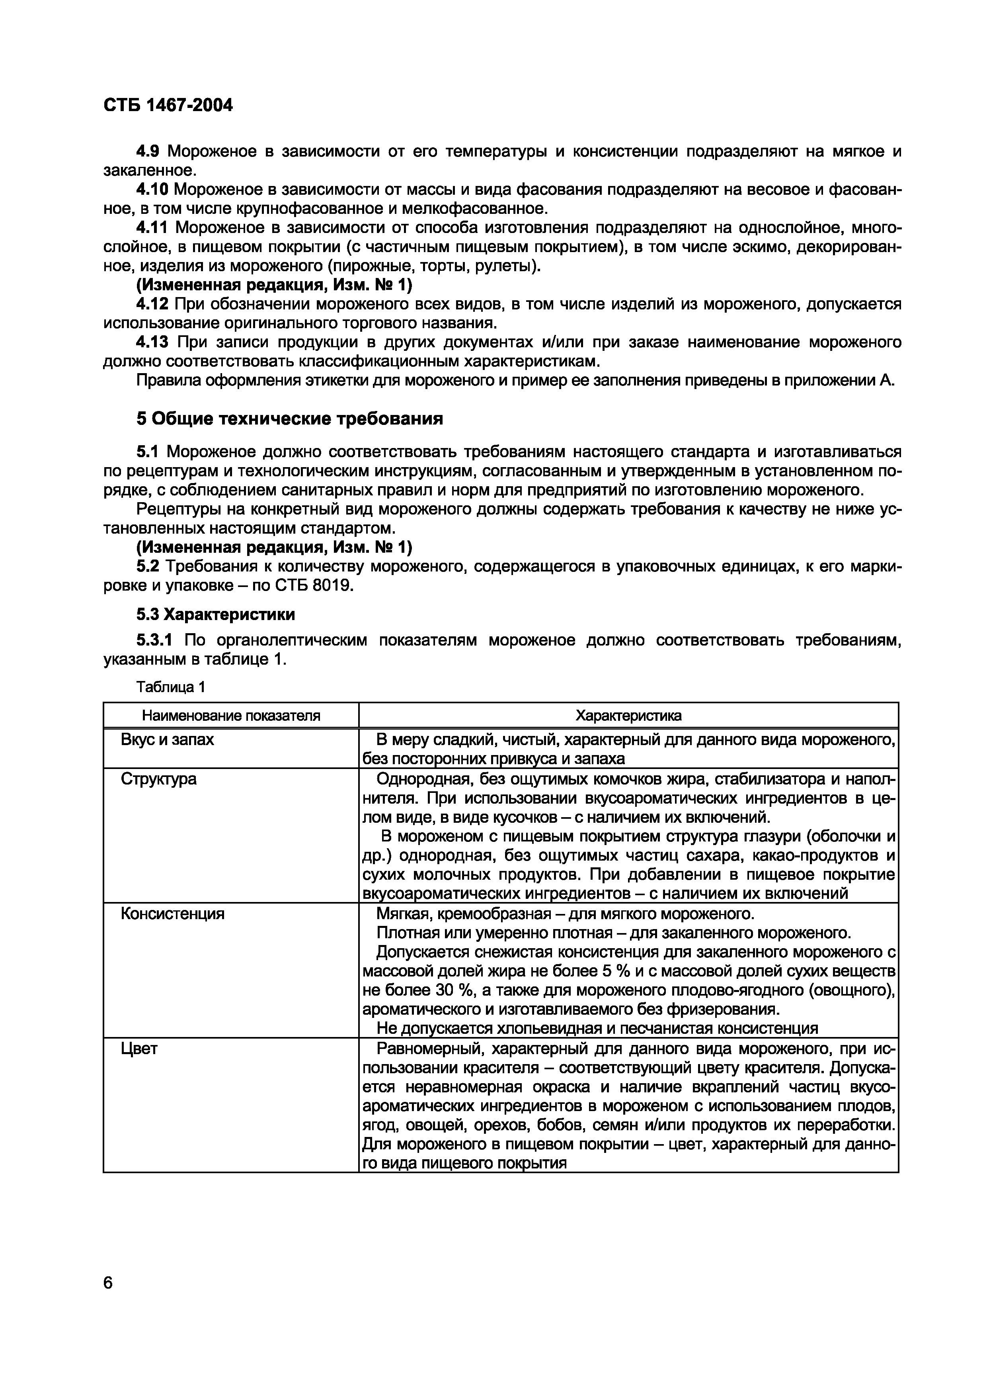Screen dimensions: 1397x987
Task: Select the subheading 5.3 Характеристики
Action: tap(215, 614)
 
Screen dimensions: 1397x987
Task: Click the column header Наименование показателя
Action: tap(231, 716)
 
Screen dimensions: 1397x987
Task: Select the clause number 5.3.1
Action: tap(154, 640)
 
